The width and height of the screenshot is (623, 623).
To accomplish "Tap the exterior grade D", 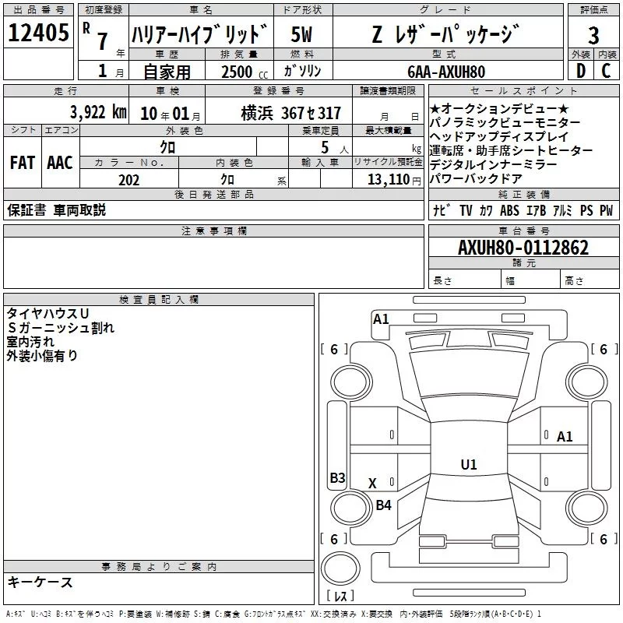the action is coord(579,71).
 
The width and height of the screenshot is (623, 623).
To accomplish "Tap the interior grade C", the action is coord(606,71).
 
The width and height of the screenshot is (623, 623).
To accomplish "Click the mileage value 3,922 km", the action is coord(97,112).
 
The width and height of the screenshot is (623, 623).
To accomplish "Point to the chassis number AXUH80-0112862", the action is coord(523,248).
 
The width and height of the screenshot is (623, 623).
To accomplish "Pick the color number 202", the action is coord(128,180).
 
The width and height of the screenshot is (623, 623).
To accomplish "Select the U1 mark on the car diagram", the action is coord(468,465).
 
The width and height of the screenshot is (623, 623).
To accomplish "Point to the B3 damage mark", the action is coord(337,478).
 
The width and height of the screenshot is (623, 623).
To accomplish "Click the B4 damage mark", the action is coord(383,505).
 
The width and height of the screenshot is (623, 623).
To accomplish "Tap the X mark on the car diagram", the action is coord(372,484).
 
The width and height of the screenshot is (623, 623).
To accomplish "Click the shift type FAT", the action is coord(22,162).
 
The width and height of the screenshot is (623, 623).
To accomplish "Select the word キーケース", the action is coord(40,582).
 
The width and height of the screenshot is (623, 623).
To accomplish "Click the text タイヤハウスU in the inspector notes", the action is coord(48,313).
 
